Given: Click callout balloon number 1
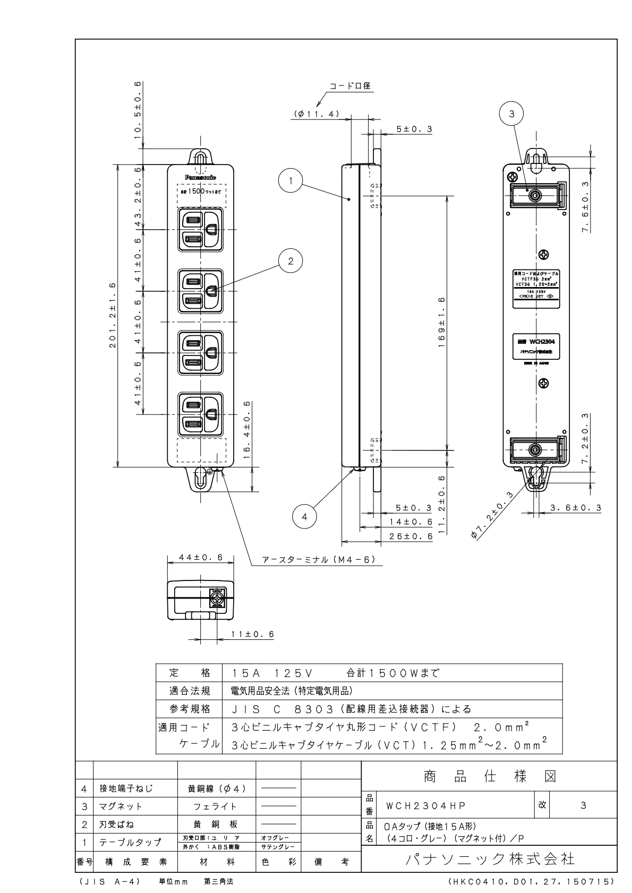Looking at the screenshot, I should (291, 180).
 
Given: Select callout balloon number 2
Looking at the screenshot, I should (291, 261).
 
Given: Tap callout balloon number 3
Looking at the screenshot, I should (511, 114).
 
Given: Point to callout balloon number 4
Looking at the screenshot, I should (305, 517).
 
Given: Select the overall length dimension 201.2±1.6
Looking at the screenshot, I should (113, 316).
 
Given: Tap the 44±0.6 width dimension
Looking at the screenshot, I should (200, 557).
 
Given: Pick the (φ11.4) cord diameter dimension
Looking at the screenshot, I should (317, 114).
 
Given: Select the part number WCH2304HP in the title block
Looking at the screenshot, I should (425, 805).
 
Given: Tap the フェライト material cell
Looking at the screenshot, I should (215, 806).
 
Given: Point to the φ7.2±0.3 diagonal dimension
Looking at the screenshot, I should (492, 515).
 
